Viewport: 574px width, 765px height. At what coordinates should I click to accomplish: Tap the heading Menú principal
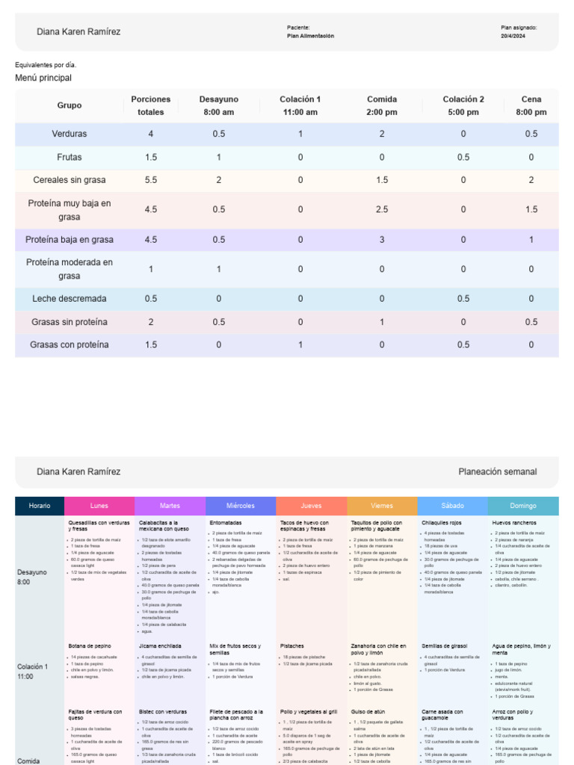click(x=43, y=78)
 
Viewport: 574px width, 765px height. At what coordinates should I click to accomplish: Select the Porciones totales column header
click(x=150, y=105)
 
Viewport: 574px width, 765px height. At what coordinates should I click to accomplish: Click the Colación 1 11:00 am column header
click(x=300, y=105)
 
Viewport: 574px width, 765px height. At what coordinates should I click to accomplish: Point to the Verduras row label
click(x=70, y=134)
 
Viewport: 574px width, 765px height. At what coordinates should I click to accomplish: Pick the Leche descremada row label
click(x=70, y=299)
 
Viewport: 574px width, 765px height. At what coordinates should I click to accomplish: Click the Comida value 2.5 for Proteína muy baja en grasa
click(x=381, y=210)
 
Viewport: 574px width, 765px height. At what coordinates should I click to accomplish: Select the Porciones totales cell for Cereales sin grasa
click(x=150, y=180)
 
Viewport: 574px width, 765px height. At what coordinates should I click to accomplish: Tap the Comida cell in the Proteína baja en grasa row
click(x=381, y=240)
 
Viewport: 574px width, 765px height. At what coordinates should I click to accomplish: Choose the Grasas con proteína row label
click(x=70, y=345)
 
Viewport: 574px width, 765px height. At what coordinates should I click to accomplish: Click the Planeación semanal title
click(x=497, y=472)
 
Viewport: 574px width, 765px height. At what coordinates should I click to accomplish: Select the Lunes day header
click(x=99, y=506)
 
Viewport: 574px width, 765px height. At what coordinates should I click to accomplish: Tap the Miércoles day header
click(x=241, y=506)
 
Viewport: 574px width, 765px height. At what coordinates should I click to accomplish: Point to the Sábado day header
click(x=452, y=506)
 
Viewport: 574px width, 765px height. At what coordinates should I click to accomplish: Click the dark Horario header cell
click(x=40, y=506)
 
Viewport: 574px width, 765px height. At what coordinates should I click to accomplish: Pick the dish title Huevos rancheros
click(x=513, y=523)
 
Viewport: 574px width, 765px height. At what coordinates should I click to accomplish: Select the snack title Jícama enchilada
click(x=161, y=645)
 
